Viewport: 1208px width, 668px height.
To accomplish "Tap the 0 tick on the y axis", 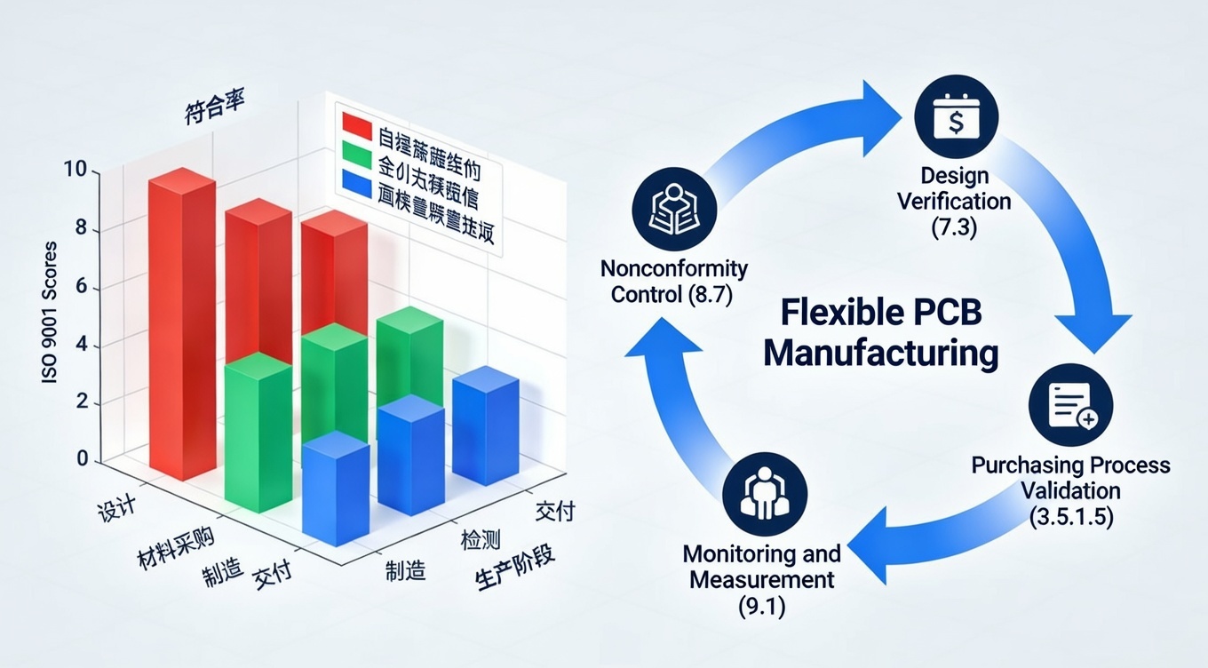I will [x=83, y=459].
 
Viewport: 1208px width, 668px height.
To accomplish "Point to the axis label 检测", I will [x=480, y=540].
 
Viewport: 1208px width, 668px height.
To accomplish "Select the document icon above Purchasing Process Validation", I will [x=1070, y=405].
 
